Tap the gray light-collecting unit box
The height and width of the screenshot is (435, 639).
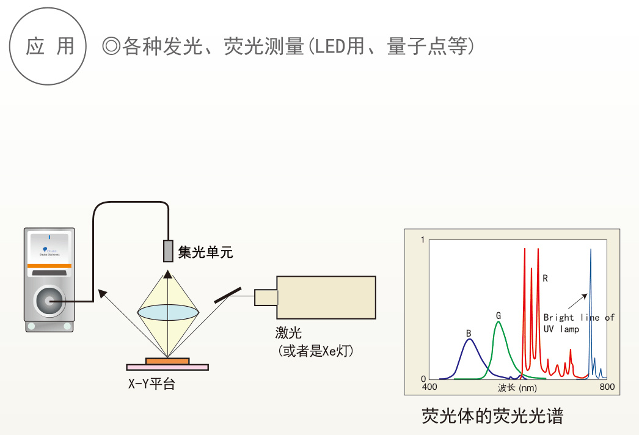168,250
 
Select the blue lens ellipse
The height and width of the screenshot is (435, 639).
168,311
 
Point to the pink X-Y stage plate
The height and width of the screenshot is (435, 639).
167,367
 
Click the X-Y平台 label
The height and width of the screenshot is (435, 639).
152,384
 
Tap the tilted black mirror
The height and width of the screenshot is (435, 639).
228,295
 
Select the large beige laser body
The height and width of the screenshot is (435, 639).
326,297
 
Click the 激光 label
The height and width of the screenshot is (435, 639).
288,333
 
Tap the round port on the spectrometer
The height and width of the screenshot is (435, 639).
49,301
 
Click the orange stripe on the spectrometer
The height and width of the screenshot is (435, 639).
49,266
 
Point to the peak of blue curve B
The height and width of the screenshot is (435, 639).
469,340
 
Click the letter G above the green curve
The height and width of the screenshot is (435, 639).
498,315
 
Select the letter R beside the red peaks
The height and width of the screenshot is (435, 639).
545,279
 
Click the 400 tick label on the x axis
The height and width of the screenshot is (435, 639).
429,387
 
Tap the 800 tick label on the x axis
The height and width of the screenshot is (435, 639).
607,387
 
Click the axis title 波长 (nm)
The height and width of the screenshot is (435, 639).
517,387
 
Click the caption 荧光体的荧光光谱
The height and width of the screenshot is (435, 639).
492,416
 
